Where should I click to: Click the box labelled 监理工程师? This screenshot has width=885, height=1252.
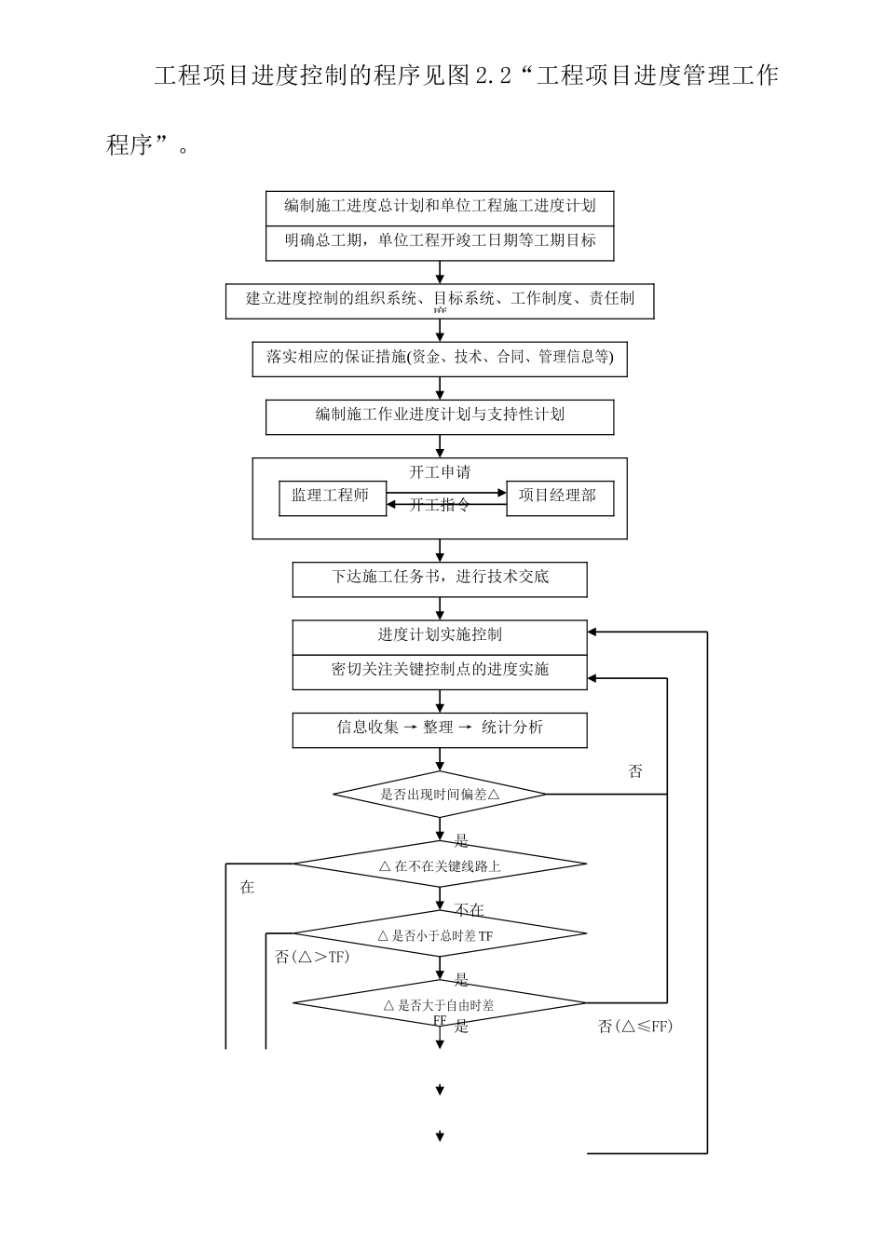click(x=331, y=497)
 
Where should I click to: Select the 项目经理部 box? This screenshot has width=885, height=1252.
click(x=559, y=497)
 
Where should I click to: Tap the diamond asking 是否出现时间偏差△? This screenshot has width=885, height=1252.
click(x=440, y=795)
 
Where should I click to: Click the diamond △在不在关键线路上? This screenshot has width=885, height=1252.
click(x=440, y=865)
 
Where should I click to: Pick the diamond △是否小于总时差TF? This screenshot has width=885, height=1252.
click(x=440, y=934)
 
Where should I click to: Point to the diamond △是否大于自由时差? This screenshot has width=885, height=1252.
click(x=440, y=1004)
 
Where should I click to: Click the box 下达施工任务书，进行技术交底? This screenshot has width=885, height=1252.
click(x=440, y=578)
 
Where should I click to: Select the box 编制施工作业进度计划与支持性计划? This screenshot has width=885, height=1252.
click(x=440, y=416)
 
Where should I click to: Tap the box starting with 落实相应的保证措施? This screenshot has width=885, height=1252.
click(x=440, y=359)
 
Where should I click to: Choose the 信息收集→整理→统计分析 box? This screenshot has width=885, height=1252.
click(x=440, y=729)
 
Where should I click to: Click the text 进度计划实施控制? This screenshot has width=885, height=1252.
click(x=440, y=635)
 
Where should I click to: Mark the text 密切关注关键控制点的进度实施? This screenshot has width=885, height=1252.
click(x=440, y=671)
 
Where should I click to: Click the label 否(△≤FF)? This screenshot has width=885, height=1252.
click(x=635, y=1027)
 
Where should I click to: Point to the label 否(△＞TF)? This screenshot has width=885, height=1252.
click(x=313, y=957)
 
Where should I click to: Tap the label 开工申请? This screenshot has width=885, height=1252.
click(x=440, y=472)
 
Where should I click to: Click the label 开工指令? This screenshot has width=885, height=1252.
click(x=440, y=505)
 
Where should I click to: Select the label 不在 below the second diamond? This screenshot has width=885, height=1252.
click(x=469, y=910)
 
